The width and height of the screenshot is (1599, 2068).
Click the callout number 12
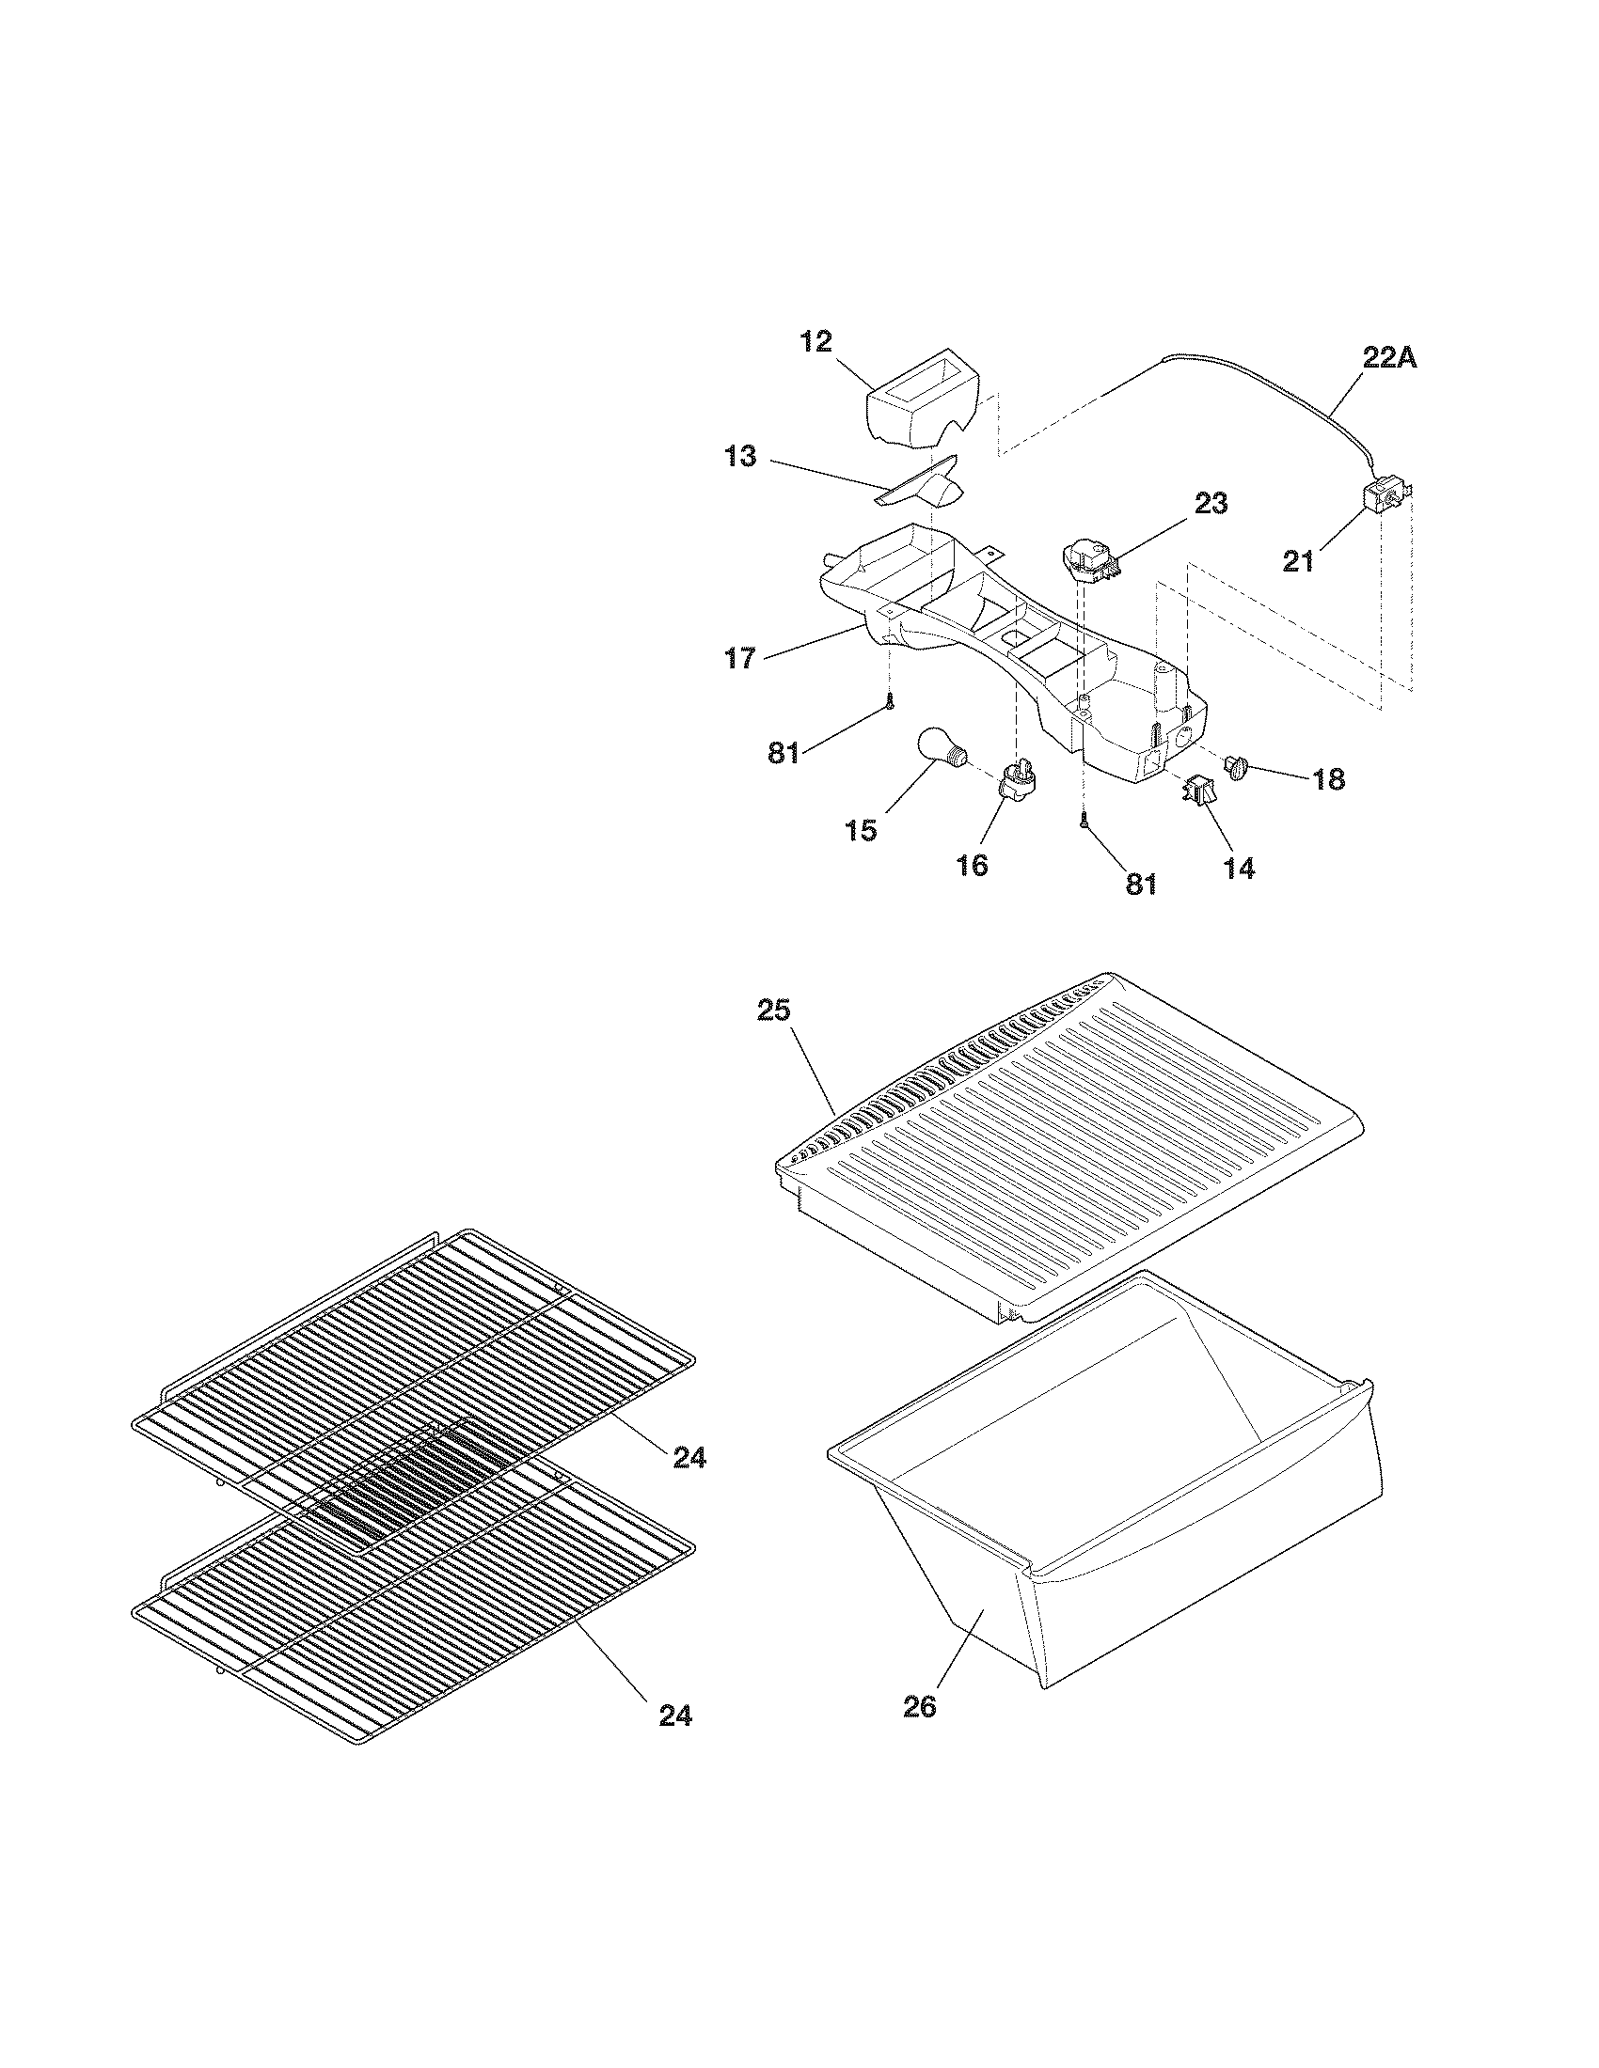tap(815, 342)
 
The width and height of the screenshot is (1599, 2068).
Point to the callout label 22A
tap(1389, 358)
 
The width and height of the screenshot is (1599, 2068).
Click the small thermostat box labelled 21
tap(1385, 496)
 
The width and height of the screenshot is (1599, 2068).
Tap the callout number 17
tap(741, 657)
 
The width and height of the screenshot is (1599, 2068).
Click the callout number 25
tap(774, 1010)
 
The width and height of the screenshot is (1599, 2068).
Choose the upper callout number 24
tap(689, 1458)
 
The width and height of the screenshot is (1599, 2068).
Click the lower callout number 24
tap(674, 1715)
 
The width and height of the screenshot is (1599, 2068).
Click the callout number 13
tap(741, 457)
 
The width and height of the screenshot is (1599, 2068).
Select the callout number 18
tap(1328, 779)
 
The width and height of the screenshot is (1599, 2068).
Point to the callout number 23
tap(1210, 504)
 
